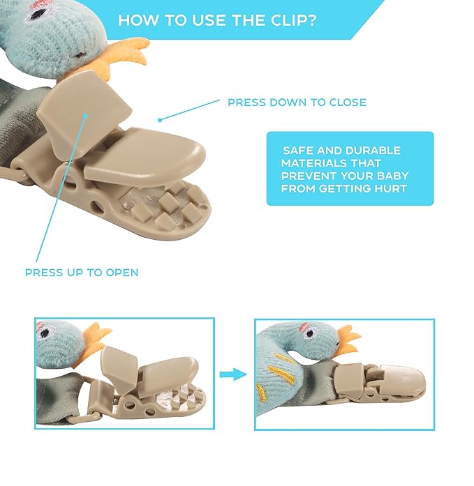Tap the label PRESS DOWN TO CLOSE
pos(297,102)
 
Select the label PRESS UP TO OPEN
pos(82,273)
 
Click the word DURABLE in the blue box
pos(373,151)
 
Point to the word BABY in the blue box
pos(392,176)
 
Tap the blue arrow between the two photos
pos(233,374)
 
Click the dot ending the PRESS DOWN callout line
pos(160,120)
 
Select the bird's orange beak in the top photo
pos(127,56)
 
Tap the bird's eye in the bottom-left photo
pos(45,333)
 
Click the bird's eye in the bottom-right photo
pos(310,333)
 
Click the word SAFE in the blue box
pos(297,151)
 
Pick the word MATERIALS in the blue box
pos(313,163)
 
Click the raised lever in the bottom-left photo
pos(119,370)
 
